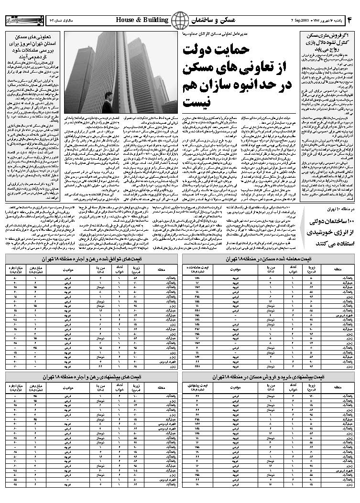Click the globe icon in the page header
[180, 20]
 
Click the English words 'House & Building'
[142, 20]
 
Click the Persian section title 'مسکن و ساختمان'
[211, 20]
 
